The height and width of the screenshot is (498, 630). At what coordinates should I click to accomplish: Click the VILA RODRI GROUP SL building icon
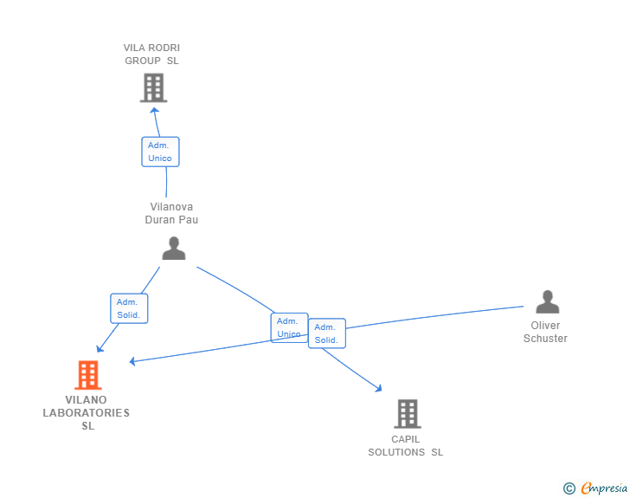tap(153, 87)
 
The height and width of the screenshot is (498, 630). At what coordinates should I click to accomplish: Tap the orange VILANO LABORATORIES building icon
tap(87, 375)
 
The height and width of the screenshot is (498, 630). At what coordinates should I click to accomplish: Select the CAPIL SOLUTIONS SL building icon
tap(407, 414)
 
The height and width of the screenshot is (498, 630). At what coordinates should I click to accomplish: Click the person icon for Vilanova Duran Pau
tap(174, 249)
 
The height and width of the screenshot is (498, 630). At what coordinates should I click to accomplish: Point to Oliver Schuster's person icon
tap(547, 301)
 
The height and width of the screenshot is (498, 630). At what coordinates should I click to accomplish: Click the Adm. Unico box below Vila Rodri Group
tap(160, 152)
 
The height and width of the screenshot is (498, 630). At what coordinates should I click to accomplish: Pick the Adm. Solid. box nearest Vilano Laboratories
tap(129, 308)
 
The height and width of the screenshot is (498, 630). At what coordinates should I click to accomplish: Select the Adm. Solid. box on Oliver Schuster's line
tap(327, 333)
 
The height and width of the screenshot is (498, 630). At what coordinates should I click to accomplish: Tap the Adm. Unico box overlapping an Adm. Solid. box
tap(288, 327)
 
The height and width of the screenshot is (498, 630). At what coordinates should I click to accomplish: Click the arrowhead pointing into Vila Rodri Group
tap(155, 107)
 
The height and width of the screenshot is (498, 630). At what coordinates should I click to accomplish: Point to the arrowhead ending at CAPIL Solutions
tap(377, 389)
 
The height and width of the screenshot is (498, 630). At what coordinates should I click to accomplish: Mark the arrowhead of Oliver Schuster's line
tap(133, 360)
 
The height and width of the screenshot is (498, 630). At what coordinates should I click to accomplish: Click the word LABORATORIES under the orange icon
tap(87, 413)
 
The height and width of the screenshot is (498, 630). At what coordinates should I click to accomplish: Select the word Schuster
tap(545, 339)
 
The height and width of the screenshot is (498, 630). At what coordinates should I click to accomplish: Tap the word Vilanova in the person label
tap(171, 207)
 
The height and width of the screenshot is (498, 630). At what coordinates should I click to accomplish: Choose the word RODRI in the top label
tap(164, 48)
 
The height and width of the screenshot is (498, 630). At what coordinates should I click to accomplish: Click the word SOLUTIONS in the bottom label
tap(396, 452)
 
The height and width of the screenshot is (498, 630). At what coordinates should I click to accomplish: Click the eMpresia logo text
tap(604, 488)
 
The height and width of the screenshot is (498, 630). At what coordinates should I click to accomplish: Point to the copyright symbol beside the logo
tap(569, 489)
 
